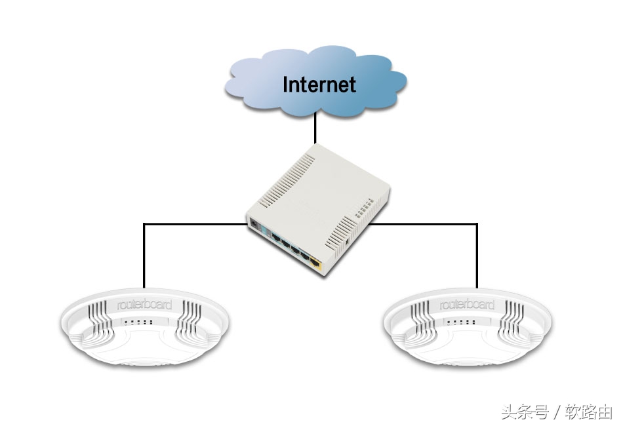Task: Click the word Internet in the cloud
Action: [319, 84]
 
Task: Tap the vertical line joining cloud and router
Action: [315, 128]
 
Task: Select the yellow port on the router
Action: [316, 264]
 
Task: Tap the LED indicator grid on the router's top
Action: [363, 213]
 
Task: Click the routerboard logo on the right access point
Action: [468, 305]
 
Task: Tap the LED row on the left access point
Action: [138, 322]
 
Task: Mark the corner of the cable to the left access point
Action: [144, 224]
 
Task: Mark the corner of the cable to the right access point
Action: [477, 224]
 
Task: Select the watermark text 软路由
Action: [588, 412]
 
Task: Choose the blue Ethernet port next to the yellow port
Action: [304, 257]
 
